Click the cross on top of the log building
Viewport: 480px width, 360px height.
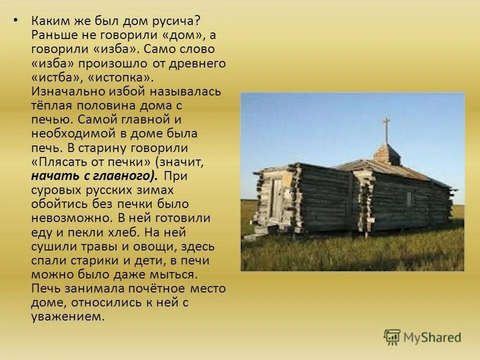click(x=386, y=128)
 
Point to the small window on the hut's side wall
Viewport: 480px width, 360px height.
click(x=409, y=199)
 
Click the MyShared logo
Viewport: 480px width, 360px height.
click(x=422, y=336)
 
